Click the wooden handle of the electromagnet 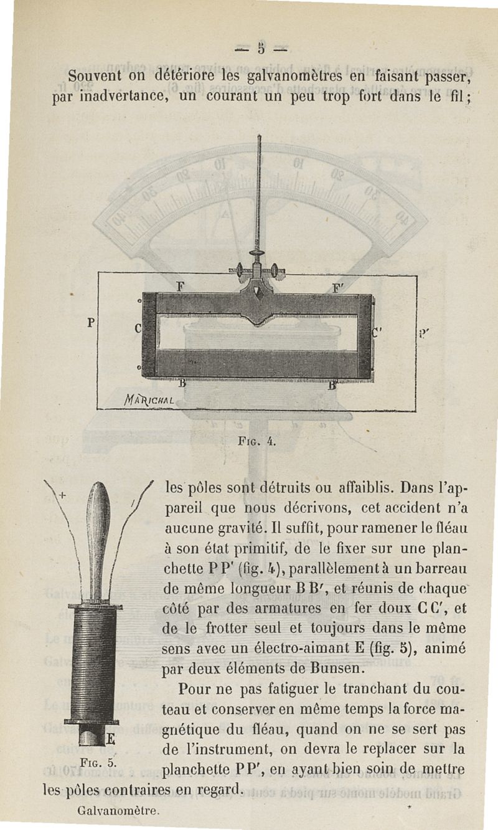point(98,536)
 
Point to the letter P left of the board point(91,323)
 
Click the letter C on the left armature point(138,328)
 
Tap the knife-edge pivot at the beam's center point(257,292)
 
